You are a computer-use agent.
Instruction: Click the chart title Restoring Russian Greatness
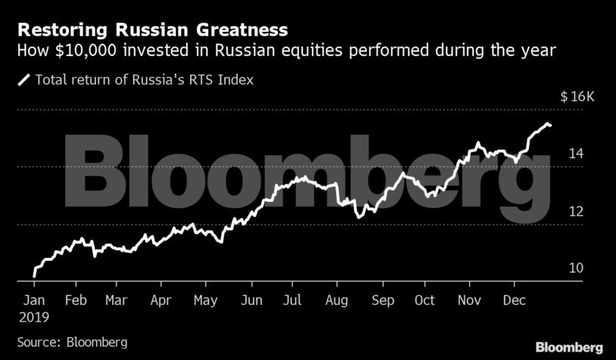[x=152, y=30]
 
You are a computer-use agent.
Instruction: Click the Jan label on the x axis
[x=33, y=300]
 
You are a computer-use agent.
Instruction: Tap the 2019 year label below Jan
[x=33, y=318]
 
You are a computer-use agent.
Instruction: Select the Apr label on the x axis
[x=160, y=300]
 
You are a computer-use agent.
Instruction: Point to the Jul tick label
[x=293, y=300]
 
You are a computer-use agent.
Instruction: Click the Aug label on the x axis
[x=337, y=300]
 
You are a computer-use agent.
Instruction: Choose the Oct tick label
[x=425, y=300]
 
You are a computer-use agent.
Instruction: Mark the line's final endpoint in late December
[x=551, y=125]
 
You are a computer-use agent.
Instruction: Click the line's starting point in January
[x=34, y=276]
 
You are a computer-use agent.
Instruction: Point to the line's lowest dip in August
[x=358, y=217]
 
